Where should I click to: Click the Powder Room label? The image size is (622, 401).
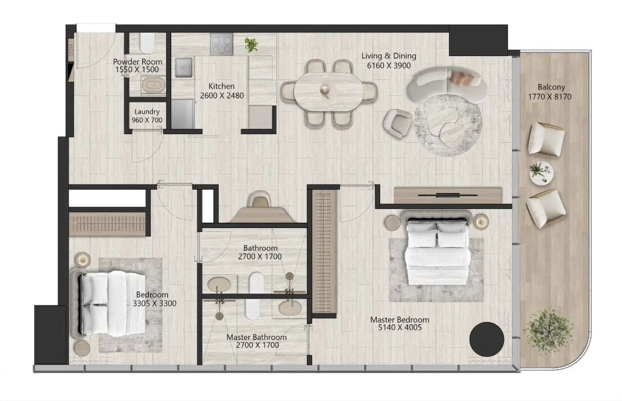pyautogui.click(x=138, y=62)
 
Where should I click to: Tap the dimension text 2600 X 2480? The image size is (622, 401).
pyautogui.click(x=222, y=95)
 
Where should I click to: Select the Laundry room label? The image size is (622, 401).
pyautogui.click(x=147, y=111)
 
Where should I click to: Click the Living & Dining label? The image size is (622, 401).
pyautogui.click(x=389, y=56)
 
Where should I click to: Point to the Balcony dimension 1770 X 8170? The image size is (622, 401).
pyautogui.click(x=550, y=97)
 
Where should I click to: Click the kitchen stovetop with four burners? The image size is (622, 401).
pyautogui.click(x=222, y=44)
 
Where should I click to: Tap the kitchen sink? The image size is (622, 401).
pyautogui.click(x=184, y=67)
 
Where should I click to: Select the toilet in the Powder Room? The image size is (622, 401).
pyautogui.click(x=147, y=42)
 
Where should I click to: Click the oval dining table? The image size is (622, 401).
pyautogui.click(x=329, y=92)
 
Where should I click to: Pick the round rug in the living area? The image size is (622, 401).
pyautogui.click(x=448, y=125)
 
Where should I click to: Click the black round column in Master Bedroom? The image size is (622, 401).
pyautogui.click(x=487, y=339)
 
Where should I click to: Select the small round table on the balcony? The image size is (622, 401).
pyautogui.click(x=541, y=173)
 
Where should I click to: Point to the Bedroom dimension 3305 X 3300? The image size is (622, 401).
pyautogui.click(x=155, y=303)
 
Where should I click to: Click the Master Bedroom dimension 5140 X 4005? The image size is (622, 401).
pyautogui.click(x=400, y=327)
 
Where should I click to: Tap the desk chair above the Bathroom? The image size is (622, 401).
pyautogui.click(x=261, y=199)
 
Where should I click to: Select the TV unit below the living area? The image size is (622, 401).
pyautogui.click(x=447, y=195)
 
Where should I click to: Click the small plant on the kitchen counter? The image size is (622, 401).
pyautogui.click(x=251, y=45)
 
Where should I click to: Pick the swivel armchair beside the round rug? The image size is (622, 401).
pyautogui.click(x=397, y=123)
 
